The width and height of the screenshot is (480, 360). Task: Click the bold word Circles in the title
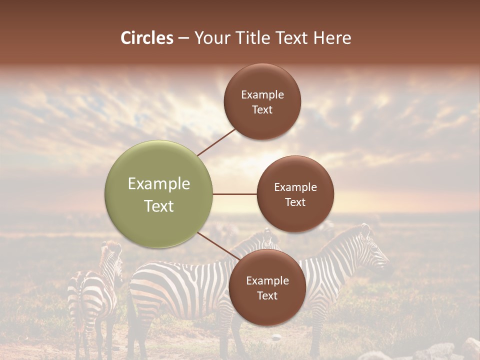[147, 38]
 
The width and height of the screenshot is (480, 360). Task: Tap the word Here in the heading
[332, 38]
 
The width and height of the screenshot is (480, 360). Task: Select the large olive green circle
[159, 194]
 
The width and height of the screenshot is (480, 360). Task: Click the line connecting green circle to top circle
[217, 142]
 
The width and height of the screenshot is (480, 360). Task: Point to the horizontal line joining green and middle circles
[235, 194]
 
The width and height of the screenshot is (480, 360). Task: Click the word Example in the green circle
[159, 184]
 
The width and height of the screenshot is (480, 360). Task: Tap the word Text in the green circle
[159, 206]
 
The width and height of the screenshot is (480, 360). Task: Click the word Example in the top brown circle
[262, 95]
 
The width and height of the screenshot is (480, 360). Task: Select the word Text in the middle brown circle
[295, 202]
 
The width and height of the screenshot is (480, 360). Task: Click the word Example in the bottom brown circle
[267, 281]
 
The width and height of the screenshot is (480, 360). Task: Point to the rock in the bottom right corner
[470, 349]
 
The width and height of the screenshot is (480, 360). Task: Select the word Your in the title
[210, 38]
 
